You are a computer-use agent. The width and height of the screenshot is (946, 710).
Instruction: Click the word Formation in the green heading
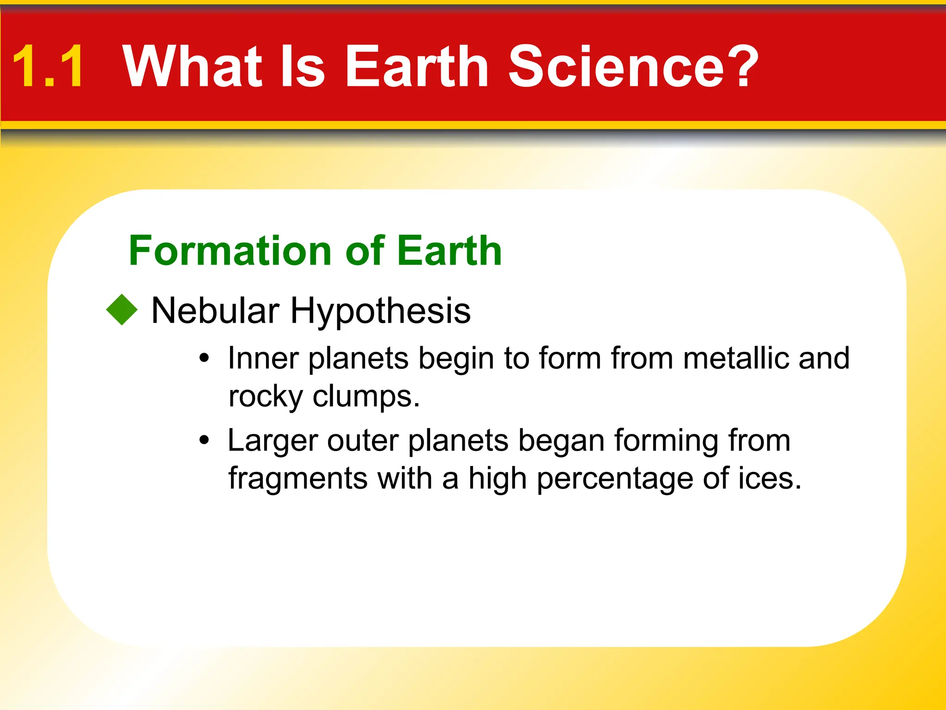[230, 251]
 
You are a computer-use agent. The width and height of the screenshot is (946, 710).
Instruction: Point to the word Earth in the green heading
[449, 251]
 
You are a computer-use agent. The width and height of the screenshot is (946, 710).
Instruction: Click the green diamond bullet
[122, 310]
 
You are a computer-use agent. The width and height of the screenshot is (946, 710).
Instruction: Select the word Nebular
[215, 311]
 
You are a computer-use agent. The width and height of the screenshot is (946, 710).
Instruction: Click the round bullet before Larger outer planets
[204, 441]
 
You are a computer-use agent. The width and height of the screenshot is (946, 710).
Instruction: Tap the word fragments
[297, 479]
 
